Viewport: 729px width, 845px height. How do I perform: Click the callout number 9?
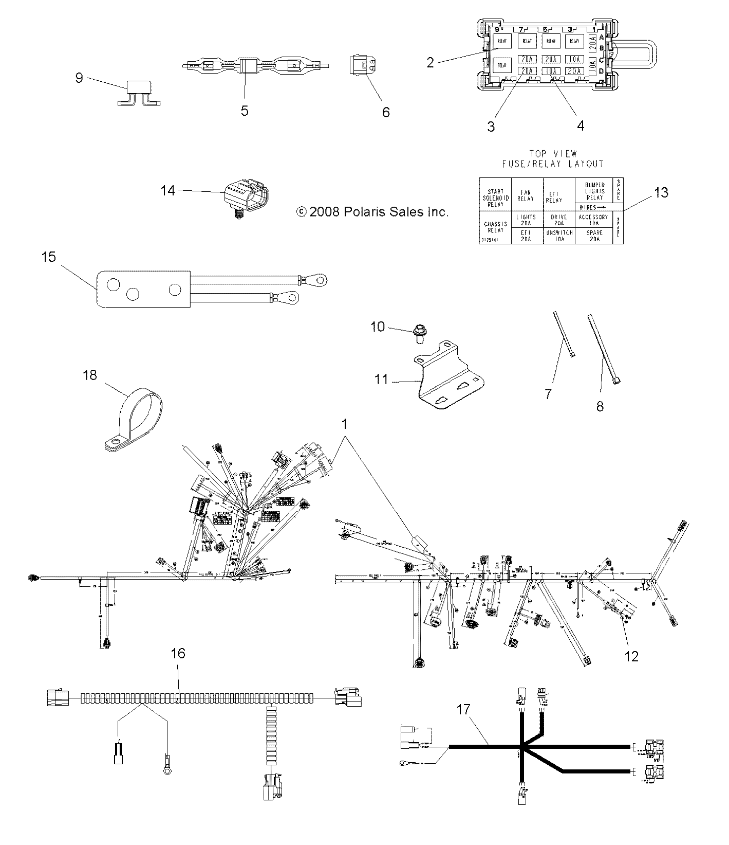click(x=79, y=78)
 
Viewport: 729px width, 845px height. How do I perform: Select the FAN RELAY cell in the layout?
click(x=526, y=195)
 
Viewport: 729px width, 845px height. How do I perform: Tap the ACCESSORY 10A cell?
click(x=593, y=220)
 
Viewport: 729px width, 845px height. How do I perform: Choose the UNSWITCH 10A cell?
click(x=559, y=236)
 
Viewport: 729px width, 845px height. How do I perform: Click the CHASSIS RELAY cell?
click(x=495, y=227)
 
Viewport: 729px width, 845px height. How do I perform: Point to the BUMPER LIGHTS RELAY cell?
click(x=594, y=191)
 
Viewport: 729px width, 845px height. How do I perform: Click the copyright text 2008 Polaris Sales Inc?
click(x=373, y=211)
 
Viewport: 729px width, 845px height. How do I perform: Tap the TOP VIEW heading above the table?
click(x=552, y=153)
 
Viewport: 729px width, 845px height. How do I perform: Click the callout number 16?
click(x=178, y=654)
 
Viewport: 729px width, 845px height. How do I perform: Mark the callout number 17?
click(x=463, y=710)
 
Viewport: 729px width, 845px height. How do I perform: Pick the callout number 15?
click(x=49, y=257)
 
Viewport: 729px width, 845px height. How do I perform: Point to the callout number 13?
click(x=661, y=192)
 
